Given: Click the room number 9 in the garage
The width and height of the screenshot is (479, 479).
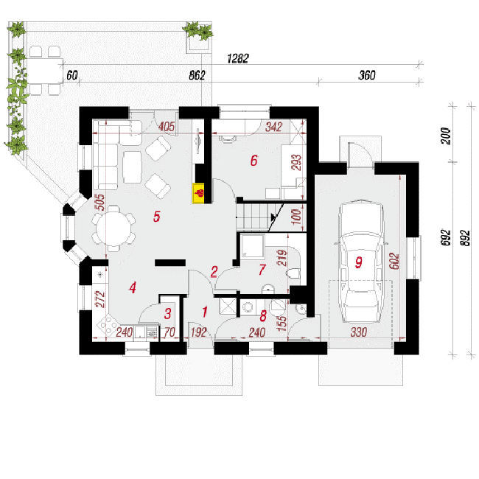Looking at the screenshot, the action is [359, 262].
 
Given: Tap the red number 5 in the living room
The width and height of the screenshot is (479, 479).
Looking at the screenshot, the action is [157, 216].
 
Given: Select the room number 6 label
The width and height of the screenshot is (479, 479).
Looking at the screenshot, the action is [254, 161].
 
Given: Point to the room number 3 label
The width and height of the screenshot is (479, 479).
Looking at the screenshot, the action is [168, 313].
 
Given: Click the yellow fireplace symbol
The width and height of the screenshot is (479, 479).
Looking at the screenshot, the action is [198, 193].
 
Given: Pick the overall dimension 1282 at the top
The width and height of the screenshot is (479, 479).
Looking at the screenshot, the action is [238, 58].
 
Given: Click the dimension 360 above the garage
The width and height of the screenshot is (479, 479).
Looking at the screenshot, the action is [367, 75].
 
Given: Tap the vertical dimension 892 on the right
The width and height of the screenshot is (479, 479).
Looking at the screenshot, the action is [464, 238].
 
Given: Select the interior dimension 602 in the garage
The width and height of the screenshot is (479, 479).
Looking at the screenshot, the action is [394, 261].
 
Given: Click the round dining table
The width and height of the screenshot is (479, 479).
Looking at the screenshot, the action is [113, 228].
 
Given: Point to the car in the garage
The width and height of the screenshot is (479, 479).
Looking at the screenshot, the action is [361, 261].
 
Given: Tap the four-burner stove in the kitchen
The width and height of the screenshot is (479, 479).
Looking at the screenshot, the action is [108, 325].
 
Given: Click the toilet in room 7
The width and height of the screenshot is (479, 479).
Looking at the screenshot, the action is [293, 273].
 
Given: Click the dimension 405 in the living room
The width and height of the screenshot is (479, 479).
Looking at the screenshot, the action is [167, 127].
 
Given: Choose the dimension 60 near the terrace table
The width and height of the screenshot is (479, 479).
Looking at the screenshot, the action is [72, 75].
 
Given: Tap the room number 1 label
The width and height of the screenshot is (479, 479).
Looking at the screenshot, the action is [205, 312].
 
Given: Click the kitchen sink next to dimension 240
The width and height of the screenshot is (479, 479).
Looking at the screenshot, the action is [141, 332].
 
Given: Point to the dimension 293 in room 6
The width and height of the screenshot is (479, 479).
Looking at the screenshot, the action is [296, 162].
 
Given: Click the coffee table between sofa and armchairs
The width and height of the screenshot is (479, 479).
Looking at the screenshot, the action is [132, 167].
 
